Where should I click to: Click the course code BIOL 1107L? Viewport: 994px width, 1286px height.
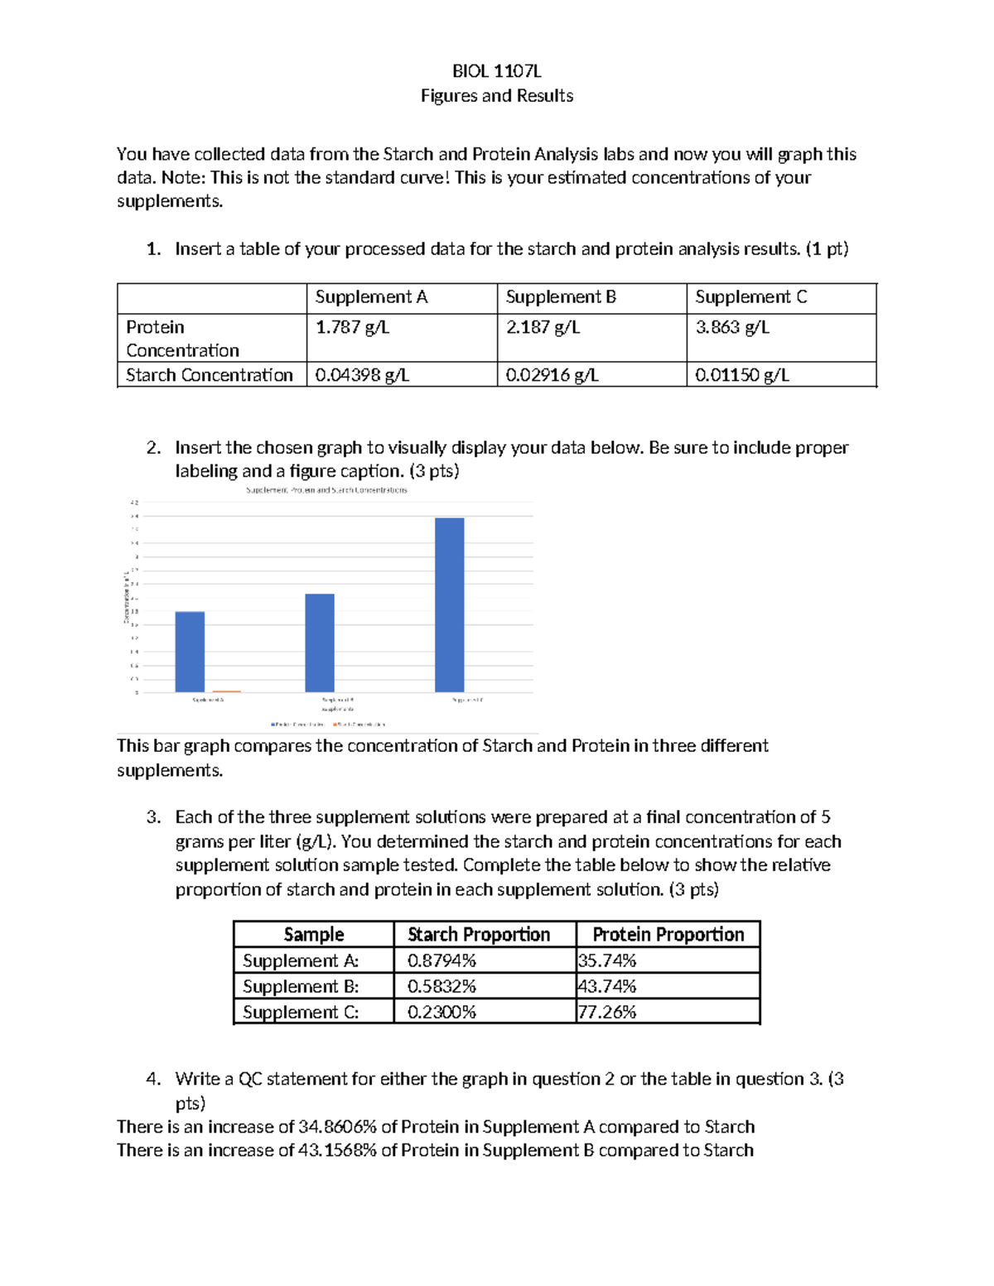pyautogui.click(x=496, y=71)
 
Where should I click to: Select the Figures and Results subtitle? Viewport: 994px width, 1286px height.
pyautogui.click(x=496, y=96)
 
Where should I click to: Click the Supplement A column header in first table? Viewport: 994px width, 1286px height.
pyautogui.click(x=371, y=297)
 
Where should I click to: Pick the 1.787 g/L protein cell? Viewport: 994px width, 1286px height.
pyautogui.click(x=352, y=327)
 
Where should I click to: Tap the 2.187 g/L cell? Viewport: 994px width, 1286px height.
pyautogui.click(x=543, y=327)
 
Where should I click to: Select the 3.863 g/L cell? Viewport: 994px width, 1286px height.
pyautogui.click(x=732, y=327)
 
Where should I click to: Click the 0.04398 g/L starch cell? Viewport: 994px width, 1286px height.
pyautogui.click(x=362, y=375)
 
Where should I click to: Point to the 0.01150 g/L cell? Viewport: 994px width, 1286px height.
pyautogui.click(x=742, y=375)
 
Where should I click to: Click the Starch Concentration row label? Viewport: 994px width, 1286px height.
pyautogui.click(x=210, y=375)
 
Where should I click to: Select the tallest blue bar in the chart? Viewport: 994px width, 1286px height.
pyautogui.click(x=449, y=604)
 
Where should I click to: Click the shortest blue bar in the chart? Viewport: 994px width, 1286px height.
pyautogui.click(x=190, y=652)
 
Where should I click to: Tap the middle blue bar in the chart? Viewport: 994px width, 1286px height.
pyautogui.click(x=320, y=643)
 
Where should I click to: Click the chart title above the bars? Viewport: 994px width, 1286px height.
pyautogui.click(x=326, y=490)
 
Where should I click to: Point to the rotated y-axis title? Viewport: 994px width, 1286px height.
pyautogui.click(x=126, y=596)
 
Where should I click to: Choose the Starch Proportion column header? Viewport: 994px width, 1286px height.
pyautogui.click(x=479, y=935)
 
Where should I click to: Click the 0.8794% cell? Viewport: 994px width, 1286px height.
pyautogui.click(x=442, y=961)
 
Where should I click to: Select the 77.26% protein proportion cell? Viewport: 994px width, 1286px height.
pyautogui.click(x=607, y=1012)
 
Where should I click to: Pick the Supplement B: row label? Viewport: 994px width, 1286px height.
pyautogui.click(x=301, y=986)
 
